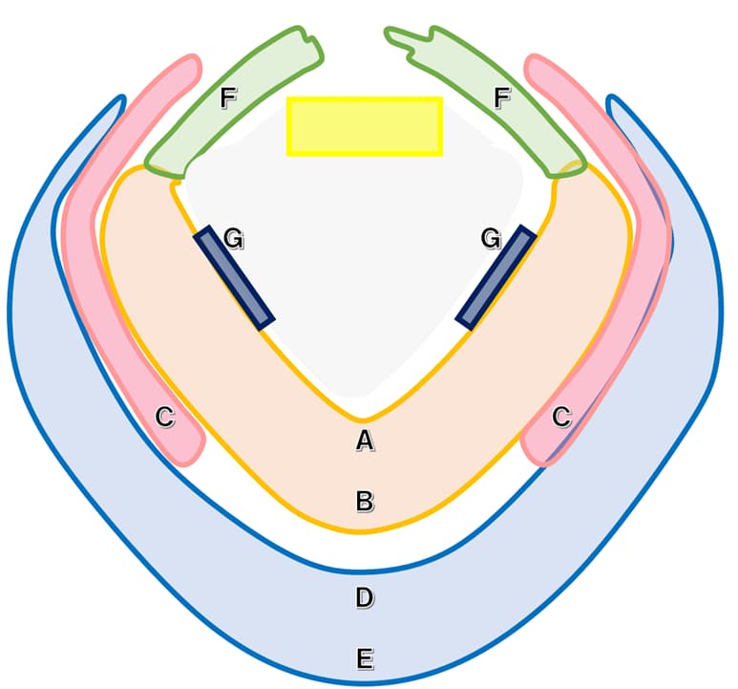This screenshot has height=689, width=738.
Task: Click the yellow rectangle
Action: point(365,126)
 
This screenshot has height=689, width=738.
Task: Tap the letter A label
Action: point(365,441)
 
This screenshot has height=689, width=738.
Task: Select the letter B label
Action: point(365,501)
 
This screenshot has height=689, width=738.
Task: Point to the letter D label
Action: point(365,598)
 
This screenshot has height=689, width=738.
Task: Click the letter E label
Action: point(366,658)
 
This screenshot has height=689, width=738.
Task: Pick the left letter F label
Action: point(228,98)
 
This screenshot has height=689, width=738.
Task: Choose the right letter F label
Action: point(502,98)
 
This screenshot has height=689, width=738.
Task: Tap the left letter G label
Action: point(234,238)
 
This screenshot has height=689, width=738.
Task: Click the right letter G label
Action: point(491,238)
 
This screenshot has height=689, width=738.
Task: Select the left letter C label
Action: point(165,417)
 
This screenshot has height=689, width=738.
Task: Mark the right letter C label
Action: point(561,417)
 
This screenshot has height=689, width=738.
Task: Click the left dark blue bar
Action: point(234,278)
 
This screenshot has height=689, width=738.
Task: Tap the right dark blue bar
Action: point(496,278)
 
